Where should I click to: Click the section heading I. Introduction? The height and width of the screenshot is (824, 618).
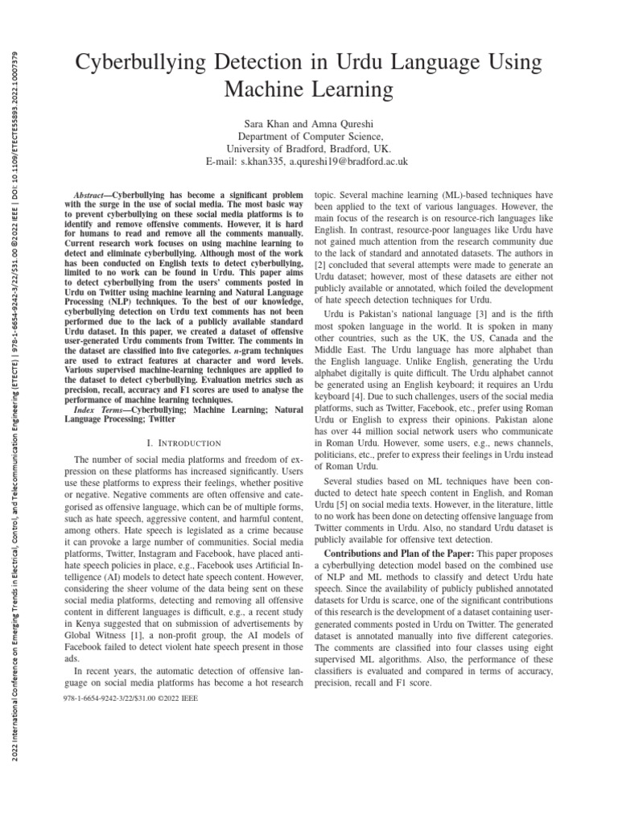[x=183, y=443]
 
